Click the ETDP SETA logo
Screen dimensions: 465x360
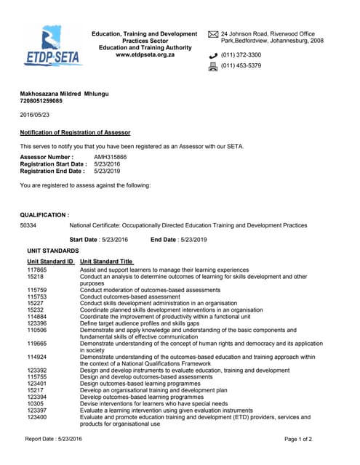pos(53,46)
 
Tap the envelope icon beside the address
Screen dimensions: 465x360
pos(213,34)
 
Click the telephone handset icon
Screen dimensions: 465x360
pos(213,54)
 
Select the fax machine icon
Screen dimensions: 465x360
pos(213,66)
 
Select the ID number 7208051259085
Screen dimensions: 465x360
pos(44,102)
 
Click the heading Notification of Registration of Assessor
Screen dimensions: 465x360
pos(75,132)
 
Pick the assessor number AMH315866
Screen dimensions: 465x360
pos(110,157)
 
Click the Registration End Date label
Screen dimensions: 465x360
pos(53,171)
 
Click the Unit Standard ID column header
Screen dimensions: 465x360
pos(50,261)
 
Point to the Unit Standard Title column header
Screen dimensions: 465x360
pos(107,261)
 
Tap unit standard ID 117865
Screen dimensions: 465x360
pos(37,270)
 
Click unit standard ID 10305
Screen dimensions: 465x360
pos(35,403)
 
